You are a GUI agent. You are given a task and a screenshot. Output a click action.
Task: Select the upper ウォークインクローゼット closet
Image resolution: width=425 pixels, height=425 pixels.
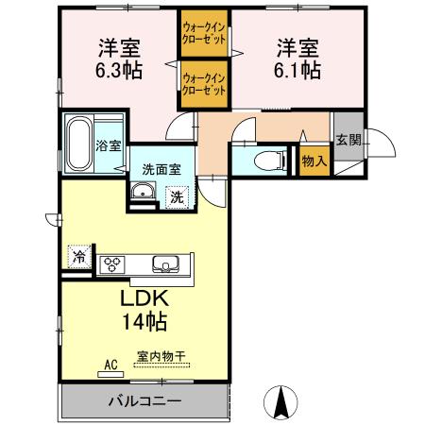[203, 36]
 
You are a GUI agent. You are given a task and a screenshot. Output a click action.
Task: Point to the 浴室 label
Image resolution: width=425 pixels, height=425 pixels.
[109, 145]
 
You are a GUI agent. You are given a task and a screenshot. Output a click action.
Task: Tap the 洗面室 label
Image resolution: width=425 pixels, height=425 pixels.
[160, 170]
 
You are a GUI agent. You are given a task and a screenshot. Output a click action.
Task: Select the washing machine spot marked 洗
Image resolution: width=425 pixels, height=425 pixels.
[176, 196]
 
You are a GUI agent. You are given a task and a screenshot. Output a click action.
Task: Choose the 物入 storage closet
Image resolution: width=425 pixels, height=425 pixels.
[314, 161]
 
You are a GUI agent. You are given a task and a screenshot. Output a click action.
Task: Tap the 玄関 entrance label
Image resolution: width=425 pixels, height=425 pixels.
[347, 139]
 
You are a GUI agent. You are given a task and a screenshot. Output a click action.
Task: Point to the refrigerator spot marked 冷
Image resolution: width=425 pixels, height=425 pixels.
[79, 257]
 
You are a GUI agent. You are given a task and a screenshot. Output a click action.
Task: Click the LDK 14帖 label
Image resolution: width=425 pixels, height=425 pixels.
[144, 310]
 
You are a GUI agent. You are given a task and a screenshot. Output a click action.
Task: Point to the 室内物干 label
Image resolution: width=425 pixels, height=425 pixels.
[160, 357]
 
